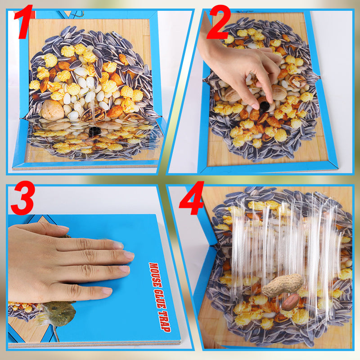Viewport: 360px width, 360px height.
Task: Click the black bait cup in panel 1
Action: click(x=94, y=131)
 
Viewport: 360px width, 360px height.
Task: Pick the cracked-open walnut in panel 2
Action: click(x=297, y=81)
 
